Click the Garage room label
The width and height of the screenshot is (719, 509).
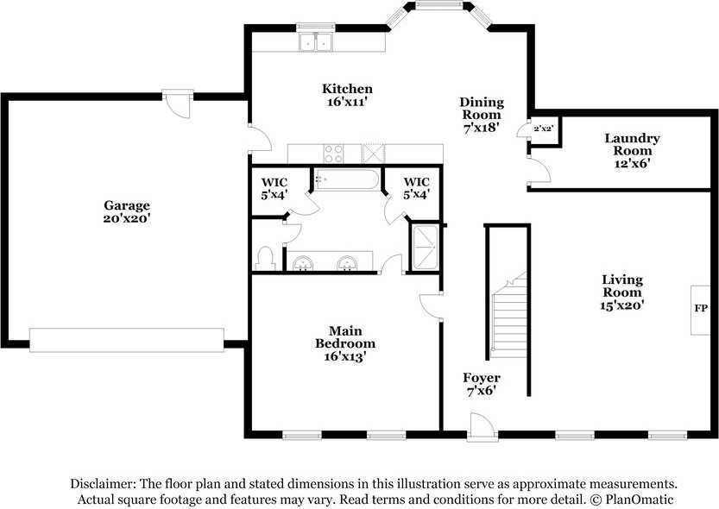[x=127, y=211]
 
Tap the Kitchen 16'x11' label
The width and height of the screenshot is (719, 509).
[x=347, y=95]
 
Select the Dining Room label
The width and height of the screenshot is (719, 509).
[x=482, y=115]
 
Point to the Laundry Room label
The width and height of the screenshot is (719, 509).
[x=632, y=150]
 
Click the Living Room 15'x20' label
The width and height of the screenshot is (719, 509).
[x=622, y=292]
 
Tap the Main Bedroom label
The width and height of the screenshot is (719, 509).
[x=345, y=343]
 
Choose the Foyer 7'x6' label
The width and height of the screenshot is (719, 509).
[x=482, y=384]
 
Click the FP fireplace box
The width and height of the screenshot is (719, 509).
[x=700, y=311]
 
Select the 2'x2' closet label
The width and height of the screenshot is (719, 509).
[x=542, y=129]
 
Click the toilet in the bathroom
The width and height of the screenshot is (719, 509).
[x=265, y=259]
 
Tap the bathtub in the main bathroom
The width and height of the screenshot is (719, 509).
[x=347, y=179]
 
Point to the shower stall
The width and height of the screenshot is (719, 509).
[x=425, y=247]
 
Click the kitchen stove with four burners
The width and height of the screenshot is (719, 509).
[x=333, y=154]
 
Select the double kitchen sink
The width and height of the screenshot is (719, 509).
[x=316, y=42]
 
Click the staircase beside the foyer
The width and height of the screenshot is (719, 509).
[x=508, y=315]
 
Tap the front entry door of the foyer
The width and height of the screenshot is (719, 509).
[x=482, y=427]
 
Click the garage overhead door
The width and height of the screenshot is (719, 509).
[x=127, y=340]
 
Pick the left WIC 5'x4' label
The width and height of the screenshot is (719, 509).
[x=274, y=189]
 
